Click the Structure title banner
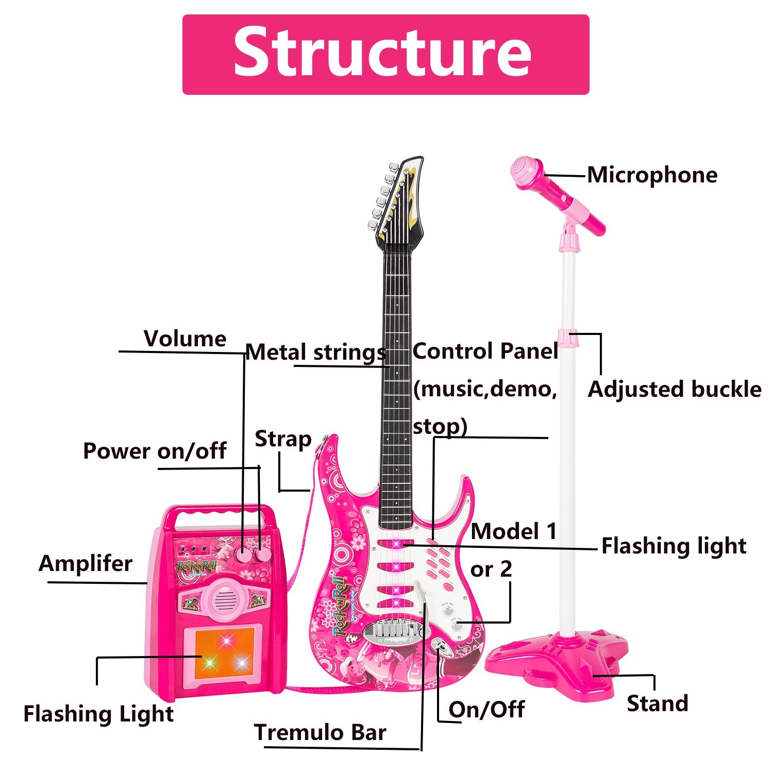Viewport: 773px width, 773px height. click(x=385, y=54)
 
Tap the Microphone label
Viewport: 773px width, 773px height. click(x=652, y=175)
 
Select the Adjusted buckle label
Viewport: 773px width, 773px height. click(x=674, y=390)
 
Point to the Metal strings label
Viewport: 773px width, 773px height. click(x=315, y=353)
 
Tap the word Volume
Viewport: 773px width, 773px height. click(x=185, y=339)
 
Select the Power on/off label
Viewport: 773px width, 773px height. click(x=155, y=451)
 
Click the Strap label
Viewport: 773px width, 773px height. click(x=283, y=439)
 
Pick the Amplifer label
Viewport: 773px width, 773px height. click(x=86, y=563)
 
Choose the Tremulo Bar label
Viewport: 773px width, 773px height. click(x=320, y=732)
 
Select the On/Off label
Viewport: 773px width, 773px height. click(x=486, y=710)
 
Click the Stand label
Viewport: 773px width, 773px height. click(x=657, y=703)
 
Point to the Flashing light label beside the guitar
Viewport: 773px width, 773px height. click(x=674, y=546)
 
